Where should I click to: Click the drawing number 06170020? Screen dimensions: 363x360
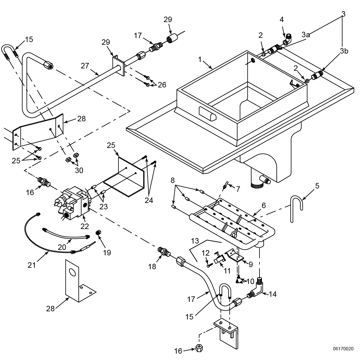pos(343,349)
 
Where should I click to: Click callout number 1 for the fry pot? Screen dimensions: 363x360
pos(200,59)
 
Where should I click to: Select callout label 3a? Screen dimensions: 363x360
pos(306,35)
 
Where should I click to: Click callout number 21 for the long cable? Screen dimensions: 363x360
pos(32,265)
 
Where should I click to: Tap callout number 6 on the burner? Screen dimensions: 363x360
pos(263,205)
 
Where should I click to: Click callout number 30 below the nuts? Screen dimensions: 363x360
pos(79,170)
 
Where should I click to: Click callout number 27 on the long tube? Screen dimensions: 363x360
pos(85,66)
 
